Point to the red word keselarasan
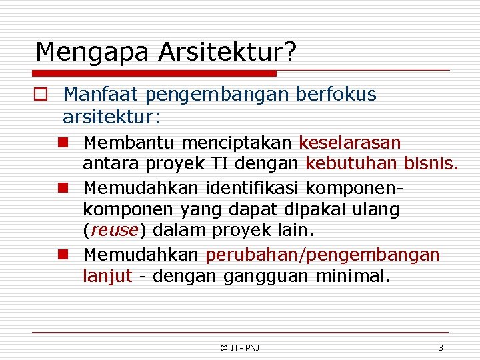coord(350,143)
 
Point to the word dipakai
coord(318,209)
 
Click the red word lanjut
coord(107,276)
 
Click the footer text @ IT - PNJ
coord(240,347)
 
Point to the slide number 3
coord(440,347)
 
